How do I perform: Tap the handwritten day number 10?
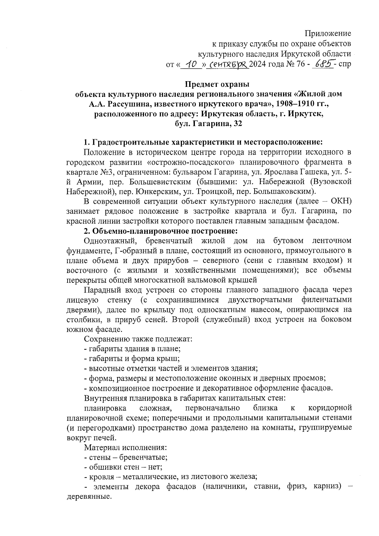pyautogui.click(x=190, y=64)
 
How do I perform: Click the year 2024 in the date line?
pyautogui.click(x=258, y=65)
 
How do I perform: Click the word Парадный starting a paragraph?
pyautogui.click(x=102, y=290)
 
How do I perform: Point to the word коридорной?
pyautogui.click(x=330, y=408)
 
